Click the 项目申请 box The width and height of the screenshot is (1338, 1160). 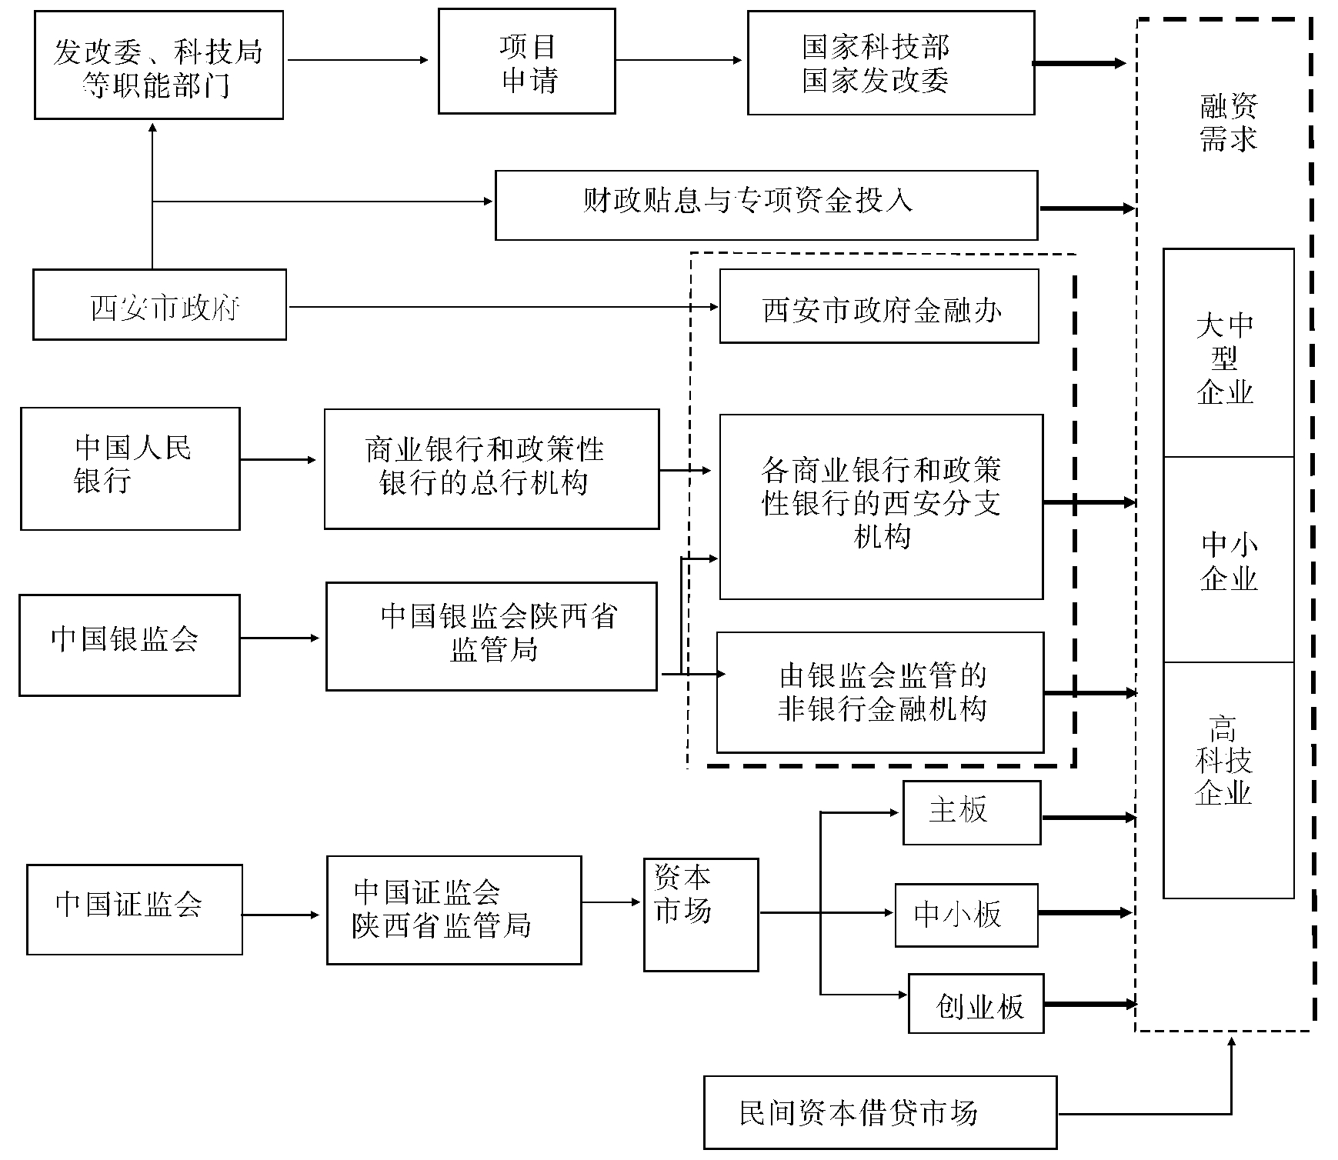(x=527, y=62)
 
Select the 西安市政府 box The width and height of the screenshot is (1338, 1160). (x=159, y=305)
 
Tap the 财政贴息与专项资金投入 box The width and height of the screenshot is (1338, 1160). (x=766, y=205)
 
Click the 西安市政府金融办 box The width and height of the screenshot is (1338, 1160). (x=879, y=306)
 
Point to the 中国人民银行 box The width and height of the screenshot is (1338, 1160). (x=130, y=468)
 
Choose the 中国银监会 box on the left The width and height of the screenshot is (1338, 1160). (x=129, y=645)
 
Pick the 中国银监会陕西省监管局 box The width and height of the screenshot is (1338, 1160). (x=492, y=636)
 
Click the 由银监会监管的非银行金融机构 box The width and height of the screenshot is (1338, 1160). (x=880, y=692)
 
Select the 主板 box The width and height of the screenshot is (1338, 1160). (x=972, y=813)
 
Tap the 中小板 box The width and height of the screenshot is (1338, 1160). (x=966, y=915)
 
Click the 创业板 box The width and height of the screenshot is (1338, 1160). (x=976, y=1004)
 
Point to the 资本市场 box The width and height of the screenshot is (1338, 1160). (x=701, y=915)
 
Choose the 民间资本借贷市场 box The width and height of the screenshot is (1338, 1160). (x=880, y=1112)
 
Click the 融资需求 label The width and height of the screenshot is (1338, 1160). (x=1227, y=123)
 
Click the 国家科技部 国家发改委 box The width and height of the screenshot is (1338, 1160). (x=891, y=63)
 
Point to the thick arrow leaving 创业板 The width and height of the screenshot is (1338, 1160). (x=1089, y=1004)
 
